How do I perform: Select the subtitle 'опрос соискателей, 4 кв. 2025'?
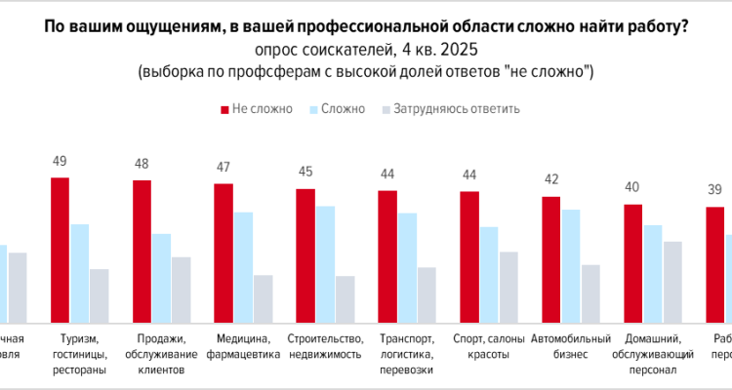pos(366,51)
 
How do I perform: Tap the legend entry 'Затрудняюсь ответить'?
pos(449,108)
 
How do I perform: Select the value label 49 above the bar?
pos(60,162)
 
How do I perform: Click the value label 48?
pos(142,165)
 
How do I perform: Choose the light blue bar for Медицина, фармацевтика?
pos(243,267)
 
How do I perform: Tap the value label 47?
pos(224,168)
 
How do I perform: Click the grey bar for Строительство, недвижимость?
pos(345,299)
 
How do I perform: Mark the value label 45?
pos(305,173)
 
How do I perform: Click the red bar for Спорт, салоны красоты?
pos(469,257)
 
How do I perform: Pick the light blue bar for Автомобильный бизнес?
pos(571,266)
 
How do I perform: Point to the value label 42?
pos(551,180)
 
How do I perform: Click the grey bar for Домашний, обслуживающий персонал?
pos(672,283)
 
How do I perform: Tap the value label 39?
pos(715,191)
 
